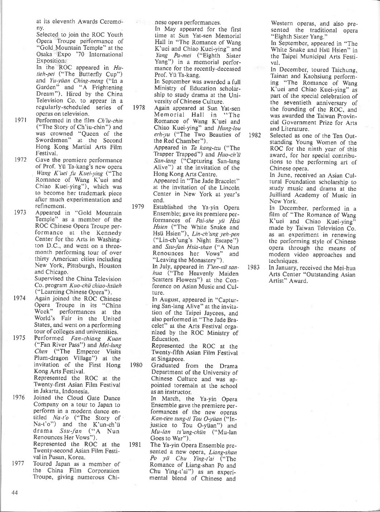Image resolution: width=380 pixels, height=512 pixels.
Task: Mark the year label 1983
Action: point(253,267)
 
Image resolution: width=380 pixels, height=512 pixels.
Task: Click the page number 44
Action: point(15,492)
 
